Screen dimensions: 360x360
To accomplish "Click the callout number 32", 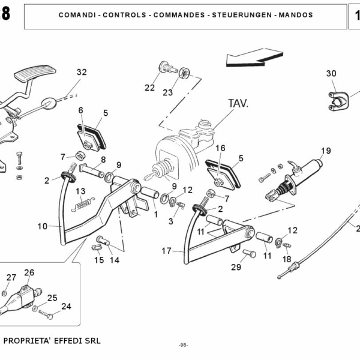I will (82, 72).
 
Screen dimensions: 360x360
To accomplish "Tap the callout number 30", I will (331, 73).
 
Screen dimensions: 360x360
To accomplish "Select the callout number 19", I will (326, 151).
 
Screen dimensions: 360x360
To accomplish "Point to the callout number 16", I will (220, 148).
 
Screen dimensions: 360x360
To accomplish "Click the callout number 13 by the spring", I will (80, 191).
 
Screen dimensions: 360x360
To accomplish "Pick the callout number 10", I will (42, 226).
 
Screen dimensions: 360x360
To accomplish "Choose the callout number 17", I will (167, 251).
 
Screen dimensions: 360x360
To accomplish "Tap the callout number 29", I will (236, 267).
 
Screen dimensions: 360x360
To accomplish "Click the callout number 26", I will (29, 272).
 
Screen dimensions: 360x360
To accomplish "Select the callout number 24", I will (66, 306).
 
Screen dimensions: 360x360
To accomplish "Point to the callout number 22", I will (149, 87).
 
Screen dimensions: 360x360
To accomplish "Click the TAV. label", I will (238, 103).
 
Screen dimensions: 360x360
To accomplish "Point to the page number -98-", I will (184, 345).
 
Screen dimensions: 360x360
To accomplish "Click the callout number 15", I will (99, 260).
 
